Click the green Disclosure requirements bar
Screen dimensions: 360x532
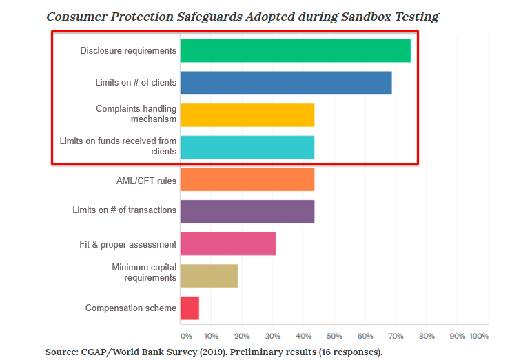click(295, 51)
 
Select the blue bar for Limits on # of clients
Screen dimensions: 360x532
click(286, 83)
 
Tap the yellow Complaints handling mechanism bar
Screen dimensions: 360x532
click(247, 114)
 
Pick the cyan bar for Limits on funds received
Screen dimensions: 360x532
click(247, 147)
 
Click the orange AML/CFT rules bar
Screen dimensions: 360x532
click(247, 179)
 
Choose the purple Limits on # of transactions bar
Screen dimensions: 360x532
click(247, 210)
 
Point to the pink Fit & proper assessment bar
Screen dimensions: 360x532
click(228, 244)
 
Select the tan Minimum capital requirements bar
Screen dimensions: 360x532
click(209, 276)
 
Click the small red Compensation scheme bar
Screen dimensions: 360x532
click(190, 308)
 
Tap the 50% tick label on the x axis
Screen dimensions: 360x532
click(334, 337)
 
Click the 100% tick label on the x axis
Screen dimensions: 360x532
click(479, 337)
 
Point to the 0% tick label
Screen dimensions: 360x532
click(186, 337)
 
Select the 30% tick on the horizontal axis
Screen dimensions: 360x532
click(272, 337)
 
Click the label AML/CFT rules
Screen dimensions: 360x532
click(146, 181)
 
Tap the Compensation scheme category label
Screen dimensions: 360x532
click(131, 308)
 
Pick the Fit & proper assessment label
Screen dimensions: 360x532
click(128, 245)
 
